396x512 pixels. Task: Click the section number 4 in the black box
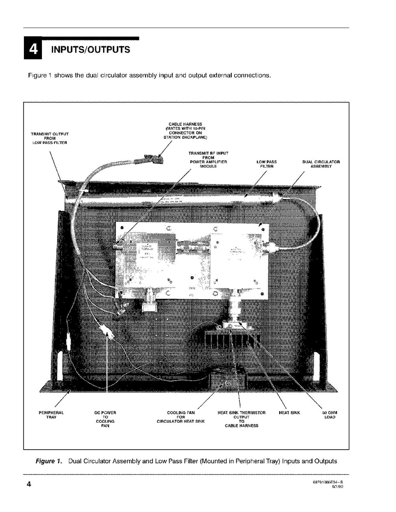pyautogui.click(x=33, y=50)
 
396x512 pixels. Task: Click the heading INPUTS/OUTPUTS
pyautogui.click(x=90, y=50)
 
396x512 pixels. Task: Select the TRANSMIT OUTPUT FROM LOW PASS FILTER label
pyautogui.click(x=50, y=138)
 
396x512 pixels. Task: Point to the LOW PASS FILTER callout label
pyautogui.click(x=266, y=164)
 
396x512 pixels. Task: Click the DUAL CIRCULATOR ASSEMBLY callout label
pyautogui.click(x=321, y=164)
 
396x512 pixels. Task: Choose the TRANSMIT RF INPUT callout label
pyautogui.click(x=208, y=159)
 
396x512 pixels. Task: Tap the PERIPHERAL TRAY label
pyautogui.click(x=51, y=415)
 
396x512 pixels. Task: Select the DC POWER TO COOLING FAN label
pyautogui.click(x=105, y=419)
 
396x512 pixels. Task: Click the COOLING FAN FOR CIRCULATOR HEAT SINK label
pyautogui.click(x=180, y=417)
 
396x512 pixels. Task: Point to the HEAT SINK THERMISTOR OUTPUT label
pyautogui.click(x=242, y=419)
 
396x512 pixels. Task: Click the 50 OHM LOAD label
pyautogui.click(x=330, y=415)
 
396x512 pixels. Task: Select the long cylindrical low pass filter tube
pyautogui.click(x=171, y=200)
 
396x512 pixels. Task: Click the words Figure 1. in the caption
pyautogui.click(x=48, y=461)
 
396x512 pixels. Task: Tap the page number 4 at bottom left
pyautogui.click(x=29, y=484)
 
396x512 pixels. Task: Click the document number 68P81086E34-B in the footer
pyautogui.click(x=328, y=482)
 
